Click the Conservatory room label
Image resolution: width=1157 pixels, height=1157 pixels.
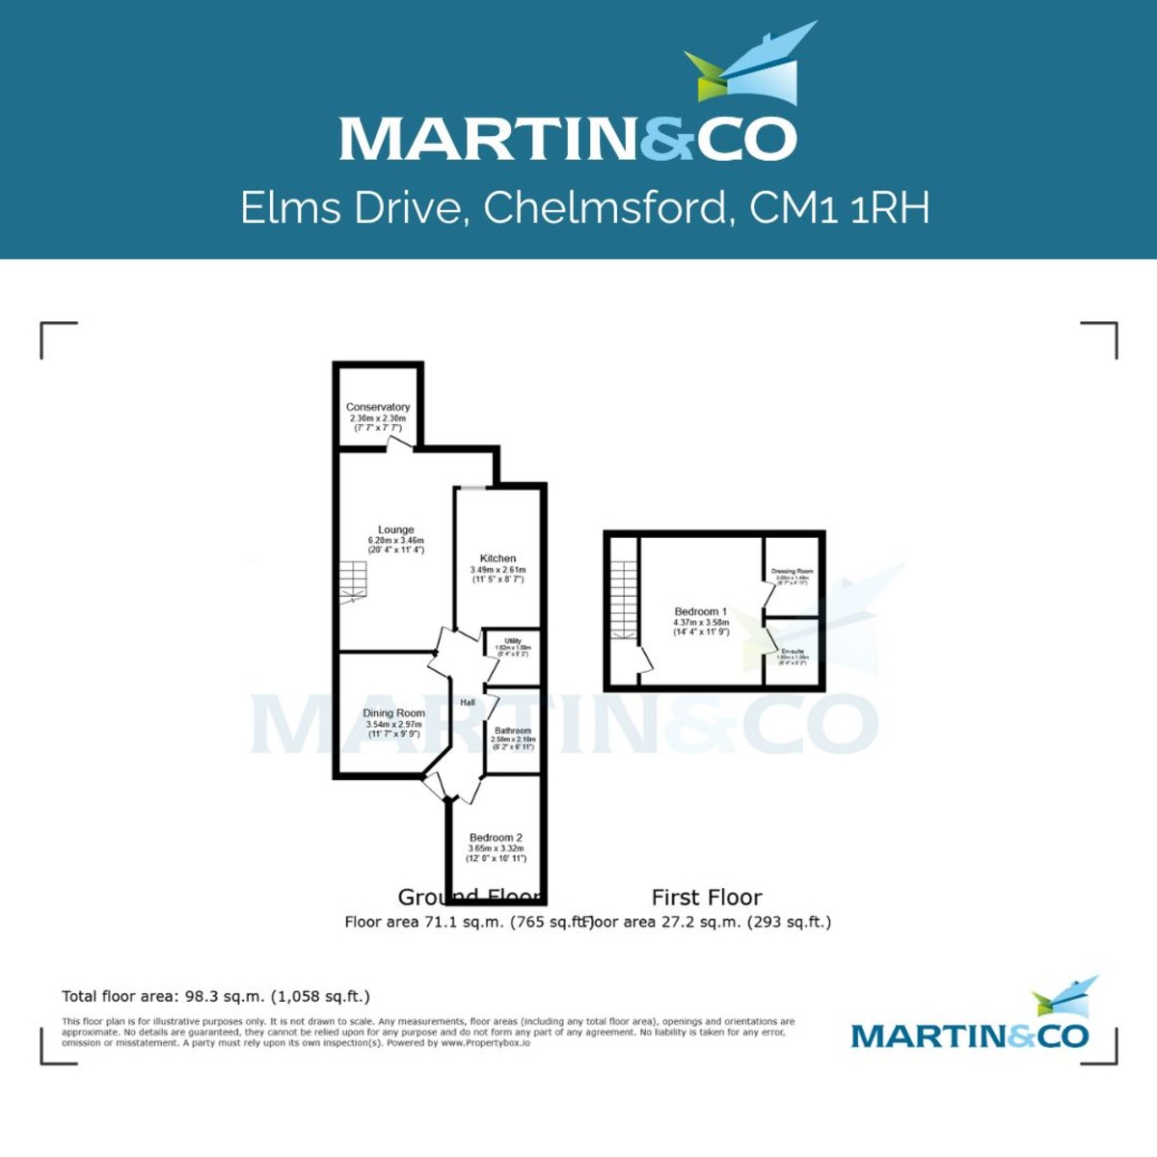coord(378,408)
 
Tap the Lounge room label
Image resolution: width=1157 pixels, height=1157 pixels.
coord(395,530)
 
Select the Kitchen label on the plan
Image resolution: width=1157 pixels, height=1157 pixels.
coord(498,558)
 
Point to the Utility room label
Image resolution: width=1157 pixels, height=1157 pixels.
coord(513,641)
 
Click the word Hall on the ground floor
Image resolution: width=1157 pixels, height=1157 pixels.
coord(468,703)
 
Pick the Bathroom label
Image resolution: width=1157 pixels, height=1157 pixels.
coord(512,731)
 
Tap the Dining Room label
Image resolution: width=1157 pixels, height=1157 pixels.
coord(393,713)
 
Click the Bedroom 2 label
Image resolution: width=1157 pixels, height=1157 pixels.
coord(496,838)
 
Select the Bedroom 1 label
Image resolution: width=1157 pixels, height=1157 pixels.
coord(701,612)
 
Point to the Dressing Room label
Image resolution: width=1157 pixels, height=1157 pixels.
coord(793,572)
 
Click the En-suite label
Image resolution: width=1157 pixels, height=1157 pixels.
coord(793,652)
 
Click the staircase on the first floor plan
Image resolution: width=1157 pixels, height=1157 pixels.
coord(625,598)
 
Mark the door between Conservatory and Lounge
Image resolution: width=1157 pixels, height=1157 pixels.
coord(399,444)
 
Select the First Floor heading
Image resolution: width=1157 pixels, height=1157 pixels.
coord(707,898)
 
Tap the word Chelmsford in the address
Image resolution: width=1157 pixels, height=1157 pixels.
coord(605,207)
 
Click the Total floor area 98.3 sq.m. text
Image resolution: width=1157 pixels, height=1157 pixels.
coord(216,997)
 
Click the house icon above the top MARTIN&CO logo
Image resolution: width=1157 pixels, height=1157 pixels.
coord(751,66)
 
